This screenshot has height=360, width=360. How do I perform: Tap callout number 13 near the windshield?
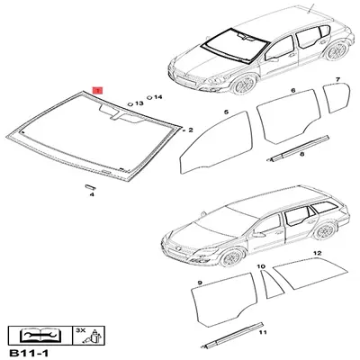coord(139,104)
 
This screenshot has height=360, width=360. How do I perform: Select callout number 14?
coord(158,96)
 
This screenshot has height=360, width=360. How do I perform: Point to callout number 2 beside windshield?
coord(190,130)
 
